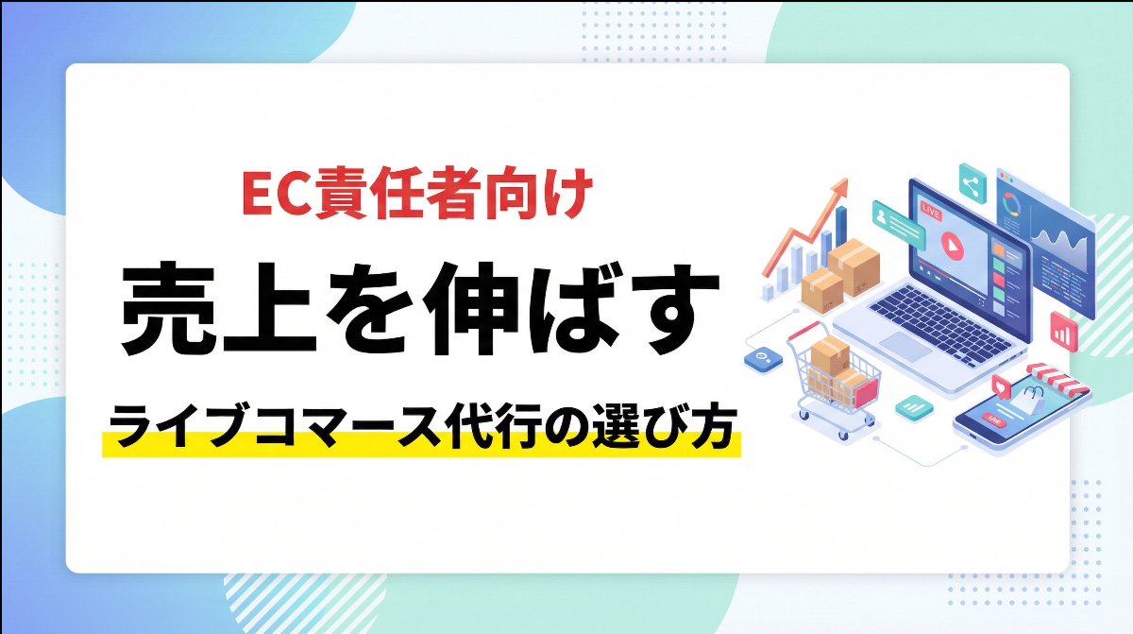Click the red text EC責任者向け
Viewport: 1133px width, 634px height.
click(416, 196)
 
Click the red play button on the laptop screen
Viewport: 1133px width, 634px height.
click(950, 243)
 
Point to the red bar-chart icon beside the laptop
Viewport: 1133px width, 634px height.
click(1063, 330)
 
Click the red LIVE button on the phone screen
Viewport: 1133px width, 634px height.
click(992, 417)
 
